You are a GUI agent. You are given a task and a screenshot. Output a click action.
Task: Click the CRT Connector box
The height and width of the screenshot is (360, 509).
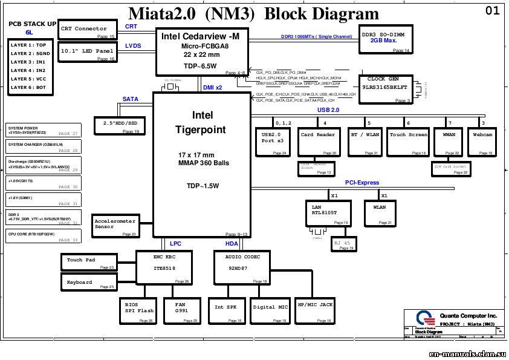pyautogui.click(x=86, y=30)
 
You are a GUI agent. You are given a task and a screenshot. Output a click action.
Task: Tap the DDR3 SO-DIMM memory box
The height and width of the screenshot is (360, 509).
pyautogui.click(x=386, y=41)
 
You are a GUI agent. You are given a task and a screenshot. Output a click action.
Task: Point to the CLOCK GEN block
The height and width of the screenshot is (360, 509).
pyautogui.click(x=384, y=85)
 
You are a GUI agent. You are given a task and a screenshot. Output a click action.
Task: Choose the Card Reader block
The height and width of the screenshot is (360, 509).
pyautogui.click(x=318, y=141)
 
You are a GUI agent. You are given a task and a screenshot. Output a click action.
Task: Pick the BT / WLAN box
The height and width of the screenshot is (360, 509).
pyautogui.click(x=364, y=141)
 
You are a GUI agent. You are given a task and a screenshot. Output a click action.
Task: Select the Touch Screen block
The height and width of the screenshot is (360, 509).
pyautogui.click(x=409, y=141)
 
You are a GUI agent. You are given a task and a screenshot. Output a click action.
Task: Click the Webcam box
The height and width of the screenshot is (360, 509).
pyautogui.click(x=482, y=141)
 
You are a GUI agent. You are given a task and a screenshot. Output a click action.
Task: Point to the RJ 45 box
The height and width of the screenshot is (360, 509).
pyautogui.click(x=345, y=244)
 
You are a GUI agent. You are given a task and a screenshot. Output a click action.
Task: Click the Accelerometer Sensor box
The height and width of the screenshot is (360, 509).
pyautogui.click(x=115, y=225)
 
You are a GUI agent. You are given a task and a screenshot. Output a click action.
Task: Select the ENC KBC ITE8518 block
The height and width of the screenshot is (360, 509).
pyautogui.click(x=164, y=267)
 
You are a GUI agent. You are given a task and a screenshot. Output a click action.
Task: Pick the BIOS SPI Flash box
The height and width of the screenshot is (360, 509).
pyautogui.click(x=139, y=309)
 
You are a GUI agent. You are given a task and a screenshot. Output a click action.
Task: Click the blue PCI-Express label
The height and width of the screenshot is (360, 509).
pyautogui.click(x=362, y=183)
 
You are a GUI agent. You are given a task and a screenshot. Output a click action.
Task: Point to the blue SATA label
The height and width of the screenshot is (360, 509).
pyautogui.click(x=131, y=99)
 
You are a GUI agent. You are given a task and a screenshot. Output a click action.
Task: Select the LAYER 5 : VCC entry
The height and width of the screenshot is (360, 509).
pyautogui.click(x=28, y=79)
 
